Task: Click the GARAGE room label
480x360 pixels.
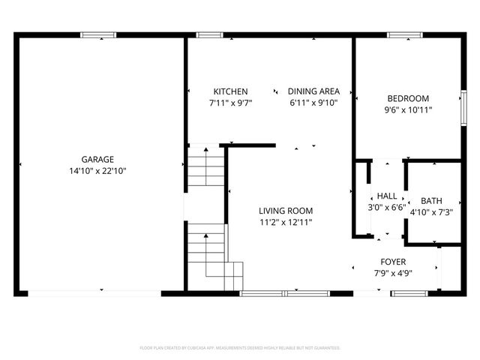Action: point(98,159)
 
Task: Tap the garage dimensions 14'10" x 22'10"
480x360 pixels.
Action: point(98,170)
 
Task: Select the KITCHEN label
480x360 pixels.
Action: point(230,91)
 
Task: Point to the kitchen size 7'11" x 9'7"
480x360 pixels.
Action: point(230,103)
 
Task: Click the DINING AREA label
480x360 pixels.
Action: point(313,91)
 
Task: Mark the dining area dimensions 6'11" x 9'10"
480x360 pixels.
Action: point(313,103)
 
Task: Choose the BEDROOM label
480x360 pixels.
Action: point(408,98)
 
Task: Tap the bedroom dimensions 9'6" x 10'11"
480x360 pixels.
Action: point(408,109)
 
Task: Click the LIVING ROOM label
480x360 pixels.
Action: point(286,211)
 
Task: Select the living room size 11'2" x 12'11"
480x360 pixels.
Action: point(286,222)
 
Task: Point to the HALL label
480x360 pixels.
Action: point(387,196)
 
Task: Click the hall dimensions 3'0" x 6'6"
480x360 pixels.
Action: point(387,207)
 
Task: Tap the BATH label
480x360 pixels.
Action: point(431,201)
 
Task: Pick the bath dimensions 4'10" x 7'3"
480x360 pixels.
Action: point(431,212)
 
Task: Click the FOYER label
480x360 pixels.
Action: point(393,262)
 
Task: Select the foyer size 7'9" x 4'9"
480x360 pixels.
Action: point(393,273)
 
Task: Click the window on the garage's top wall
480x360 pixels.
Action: point(98,34)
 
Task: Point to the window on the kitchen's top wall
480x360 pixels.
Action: point(207,34)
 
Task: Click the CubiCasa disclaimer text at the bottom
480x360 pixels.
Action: point(240,348)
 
